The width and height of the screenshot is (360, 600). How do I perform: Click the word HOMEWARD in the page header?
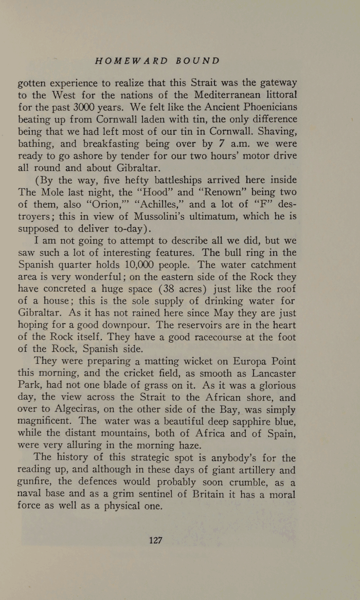(131, 61)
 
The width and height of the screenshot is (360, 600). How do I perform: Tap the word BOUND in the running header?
(197, 61)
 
